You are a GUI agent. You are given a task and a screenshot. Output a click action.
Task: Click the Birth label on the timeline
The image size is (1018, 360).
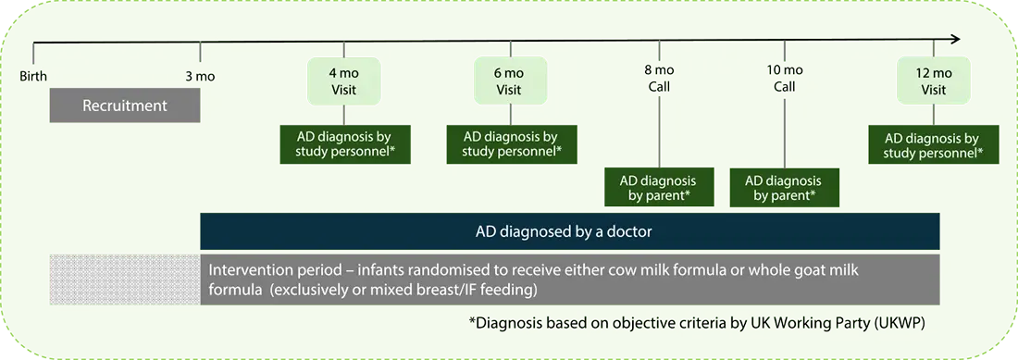point(33,77)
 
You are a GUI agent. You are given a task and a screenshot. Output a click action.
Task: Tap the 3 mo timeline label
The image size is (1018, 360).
point(200,77)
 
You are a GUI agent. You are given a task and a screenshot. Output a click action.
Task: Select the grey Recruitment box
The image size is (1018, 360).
point(125,106)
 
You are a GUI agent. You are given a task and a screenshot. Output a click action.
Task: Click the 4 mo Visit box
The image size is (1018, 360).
point(344,81)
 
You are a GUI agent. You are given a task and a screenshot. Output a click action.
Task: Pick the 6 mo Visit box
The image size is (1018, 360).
point(510,81)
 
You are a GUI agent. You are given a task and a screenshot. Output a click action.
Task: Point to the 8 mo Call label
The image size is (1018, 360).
point(660,78)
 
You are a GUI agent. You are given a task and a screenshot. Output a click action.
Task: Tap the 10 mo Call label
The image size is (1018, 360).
point(784,78)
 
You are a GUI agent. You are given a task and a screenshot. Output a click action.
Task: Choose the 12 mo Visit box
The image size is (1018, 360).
point(934,81)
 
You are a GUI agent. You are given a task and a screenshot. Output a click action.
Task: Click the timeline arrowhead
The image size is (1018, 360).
point(955,40)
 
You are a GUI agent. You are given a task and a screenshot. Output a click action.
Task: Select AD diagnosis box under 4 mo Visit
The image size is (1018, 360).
point(345,144)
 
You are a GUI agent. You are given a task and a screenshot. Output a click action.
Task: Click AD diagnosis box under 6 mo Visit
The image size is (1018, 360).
point(511,144)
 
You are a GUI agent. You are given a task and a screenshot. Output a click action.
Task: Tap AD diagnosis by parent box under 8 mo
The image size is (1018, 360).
point(660,188)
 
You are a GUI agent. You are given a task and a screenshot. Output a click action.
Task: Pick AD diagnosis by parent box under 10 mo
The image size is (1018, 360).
point(784,188)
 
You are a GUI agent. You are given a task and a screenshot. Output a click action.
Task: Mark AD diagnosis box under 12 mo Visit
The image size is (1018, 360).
point(934,144)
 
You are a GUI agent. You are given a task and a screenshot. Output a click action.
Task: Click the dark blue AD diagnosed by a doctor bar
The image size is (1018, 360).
point(570,231)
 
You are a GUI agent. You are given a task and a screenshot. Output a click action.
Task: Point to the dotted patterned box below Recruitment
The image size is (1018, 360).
point(125,279)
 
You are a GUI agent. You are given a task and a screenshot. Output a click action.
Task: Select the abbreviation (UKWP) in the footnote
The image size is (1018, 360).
point(900,324)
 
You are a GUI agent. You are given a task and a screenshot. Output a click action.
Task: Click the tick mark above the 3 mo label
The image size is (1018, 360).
point(200,51)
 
